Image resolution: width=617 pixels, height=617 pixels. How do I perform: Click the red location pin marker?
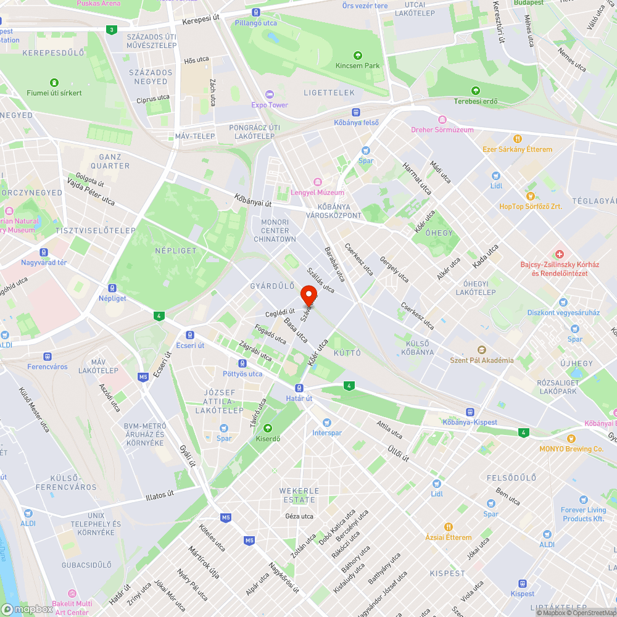click(308, 295)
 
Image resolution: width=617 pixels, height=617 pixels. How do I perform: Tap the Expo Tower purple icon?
click(269, 94)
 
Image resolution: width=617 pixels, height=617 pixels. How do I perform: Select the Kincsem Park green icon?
click(357, 55)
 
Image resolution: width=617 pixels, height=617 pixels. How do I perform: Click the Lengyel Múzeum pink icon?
click(317, 182)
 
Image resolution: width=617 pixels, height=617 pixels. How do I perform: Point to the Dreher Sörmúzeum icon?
click(442, 119)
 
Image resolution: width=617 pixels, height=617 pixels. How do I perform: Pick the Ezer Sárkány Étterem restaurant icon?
click(518, 139)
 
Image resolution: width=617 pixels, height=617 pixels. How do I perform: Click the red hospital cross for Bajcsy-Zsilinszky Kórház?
click(559, 254)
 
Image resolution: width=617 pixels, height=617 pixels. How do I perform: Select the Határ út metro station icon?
click(299, 387)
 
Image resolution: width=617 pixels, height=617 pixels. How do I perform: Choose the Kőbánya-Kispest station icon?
click(470, 412)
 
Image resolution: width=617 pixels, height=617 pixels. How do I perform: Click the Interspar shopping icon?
click(326, 423)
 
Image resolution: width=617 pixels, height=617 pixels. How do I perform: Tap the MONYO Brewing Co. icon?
click(571, 438)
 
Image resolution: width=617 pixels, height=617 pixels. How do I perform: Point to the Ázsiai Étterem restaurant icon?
click(449, 527)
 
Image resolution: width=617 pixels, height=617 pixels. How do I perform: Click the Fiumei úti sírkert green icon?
click(54, 82)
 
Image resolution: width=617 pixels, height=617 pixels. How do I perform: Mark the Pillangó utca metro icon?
click(255, 12)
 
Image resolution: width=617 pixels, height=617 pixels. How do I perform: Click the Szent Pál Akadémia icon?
click(481, 350)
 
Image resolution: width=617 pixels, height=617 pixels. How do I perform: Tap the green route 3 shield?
click(110, 30)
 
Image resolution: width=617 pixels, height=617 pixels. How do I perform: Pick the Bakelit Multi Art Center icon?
click(72, 594)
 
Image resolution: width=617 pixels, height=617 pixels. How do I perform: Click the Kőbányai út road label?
click(253, 201)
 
